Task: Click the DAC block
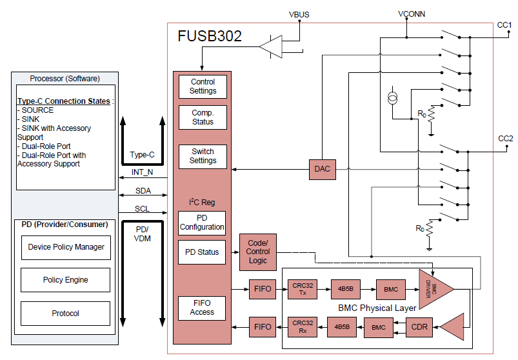(322, 169)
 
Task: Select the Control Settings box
(203, 86)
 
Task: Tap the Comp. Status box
(203, 117)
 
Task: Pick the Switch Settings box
(203, 156)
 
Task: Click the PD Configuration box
(202, 223)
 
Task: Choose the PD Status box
(202, 252)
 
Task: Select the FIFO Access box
(202, 308)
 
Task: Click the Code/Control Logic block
(258, 252)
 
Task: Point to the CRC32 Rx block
(302, 327)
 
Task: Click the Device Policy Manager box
(66, 247)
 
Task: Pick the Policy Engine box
(66, 280)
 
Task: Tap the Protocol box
(66, 314)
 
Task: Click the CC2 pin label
(505, 139)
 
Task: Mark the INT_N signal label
(143, 172)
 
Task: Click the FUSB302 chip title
(210, 37)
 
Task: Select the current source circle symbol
(392, 98)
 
